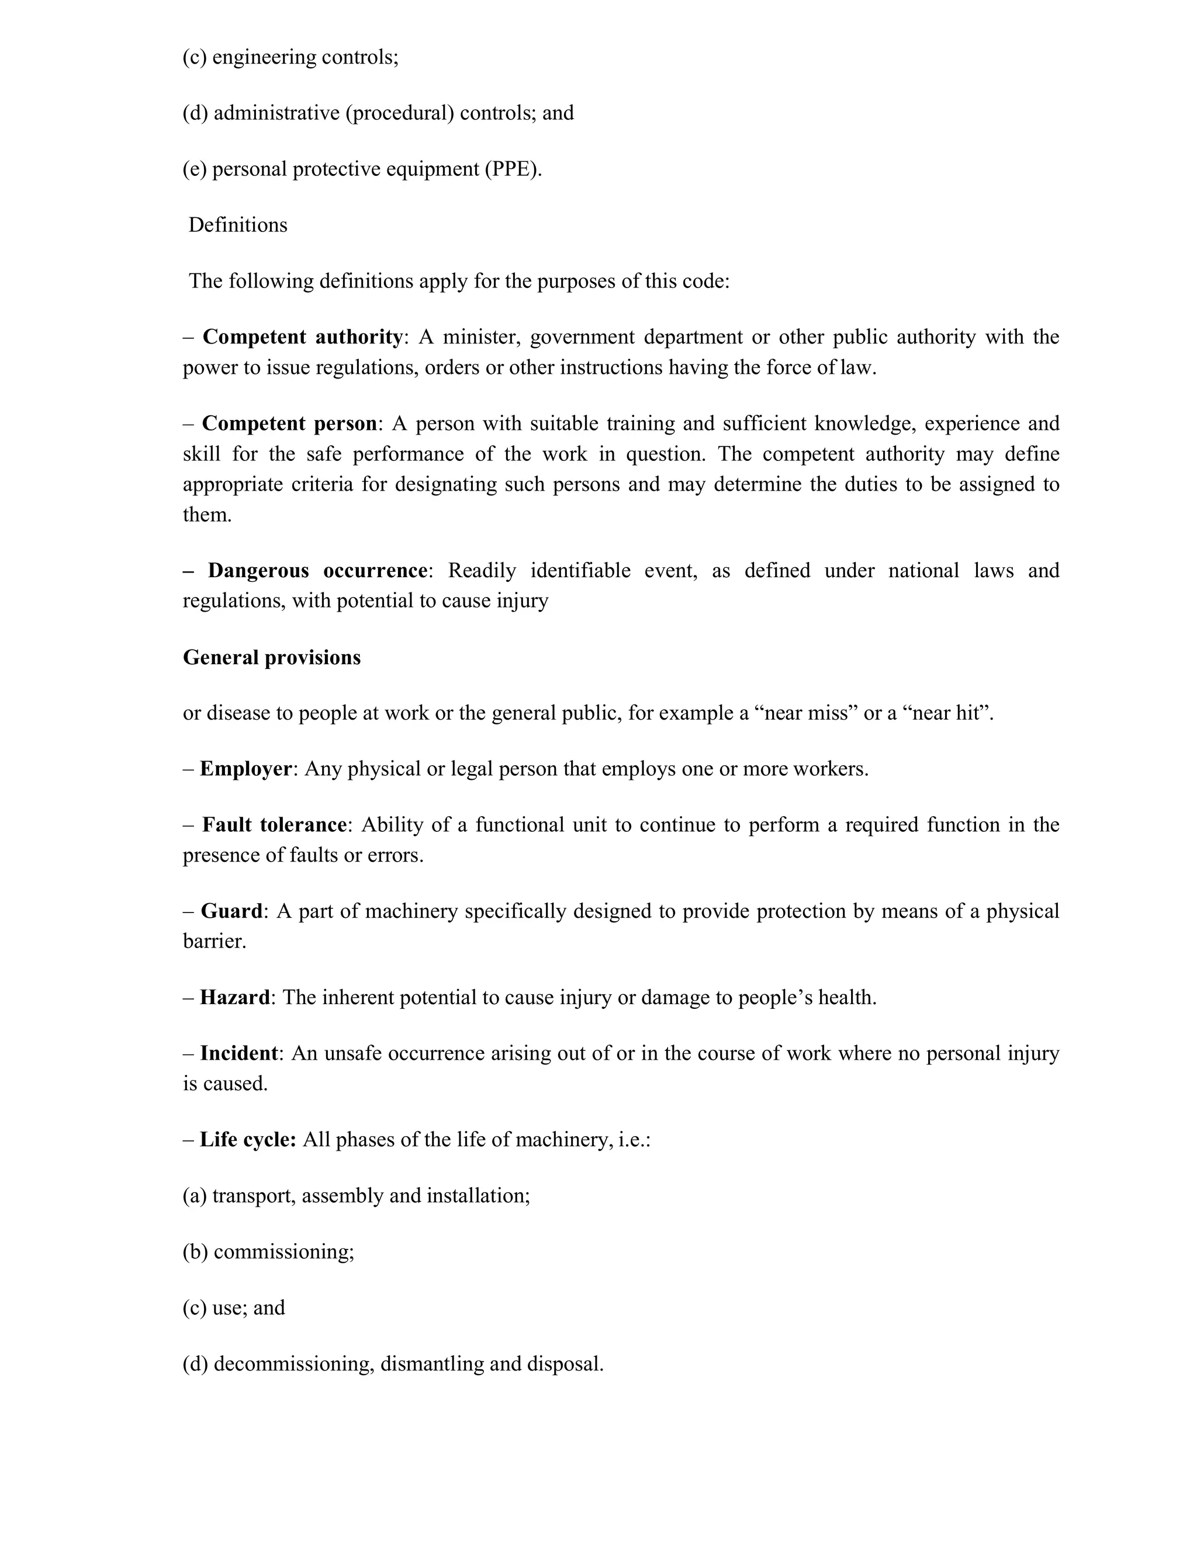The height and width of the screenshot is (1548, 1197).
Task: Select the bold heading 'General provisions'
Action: click(x=272, y=658)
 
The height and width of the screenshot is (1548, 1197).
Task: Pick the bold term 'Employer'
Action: click(x=245, y=769)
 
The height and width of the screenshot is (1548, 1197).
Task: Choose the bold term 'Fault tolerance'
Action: click(x=274, y=825)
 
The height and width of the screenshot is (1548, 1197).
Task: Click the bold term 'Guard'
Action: click(x=231, y=911)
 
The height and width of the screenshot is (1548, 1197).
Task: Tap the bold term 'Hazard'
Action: click(x=235, y=998)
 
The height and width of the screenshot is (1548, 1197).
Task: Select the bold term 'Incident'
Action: click(x=238, y=1053)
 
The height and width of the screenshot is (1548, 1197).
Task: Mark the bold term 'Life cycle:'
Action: click(x=247, y=1140)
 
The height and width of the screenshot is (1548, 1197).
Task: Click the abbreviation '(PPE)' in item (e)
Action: click(x=513, y=169)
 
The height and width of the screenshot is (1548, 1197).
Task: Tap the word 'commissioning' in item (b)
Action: click(x=283, y=1252)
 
